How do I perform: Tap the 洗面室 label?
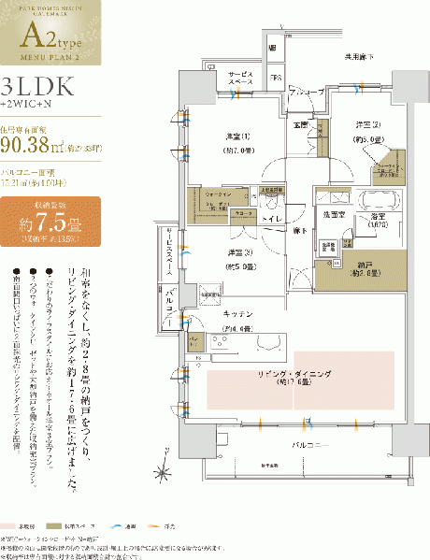[x=333, y=216]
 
